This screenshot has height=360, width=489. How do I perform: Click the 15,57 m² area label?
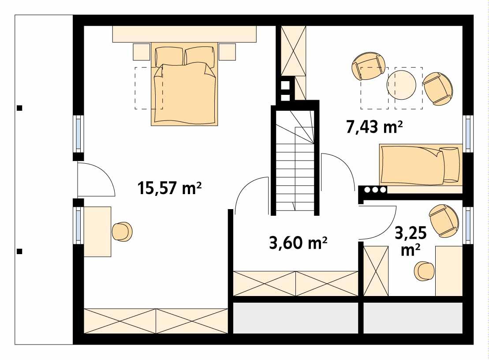(x=170, y=188)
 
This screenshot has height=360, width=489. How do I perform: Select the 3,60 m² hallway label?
(x=298, y=243)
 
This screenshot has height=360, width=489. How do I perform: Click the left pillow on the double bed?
(x=168, y=56)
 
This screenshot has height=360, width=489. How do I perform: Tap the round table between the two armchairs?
(x=401, y=85)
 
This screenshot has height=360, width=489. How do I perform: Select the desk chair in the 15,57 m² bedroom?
(x=122, y=231)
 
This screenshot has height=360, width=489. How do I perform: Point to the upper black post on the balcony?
(x=19, y=107)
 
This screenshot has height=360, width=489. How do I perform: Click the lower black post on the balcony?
(x=19, y=251)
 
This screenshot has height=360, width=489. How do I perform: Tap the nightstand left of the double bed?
(x=142, y=52)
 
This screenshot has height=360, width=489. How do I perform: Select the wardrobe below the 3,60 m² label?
(x=295, y=283)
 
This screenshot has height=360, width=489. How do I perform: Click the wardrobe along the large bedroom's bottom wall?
(x=156, y=321)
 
